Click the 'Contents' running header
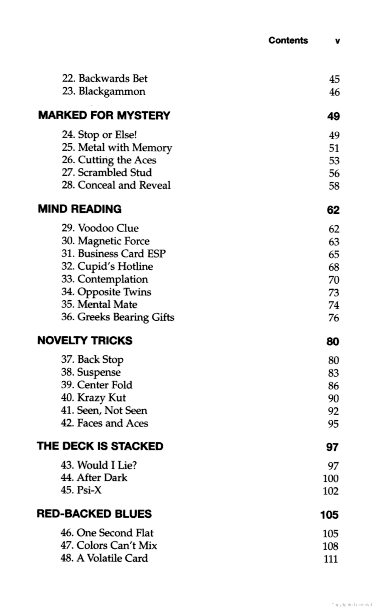tap(288, 40)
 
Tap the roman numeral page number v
tap(338, 41)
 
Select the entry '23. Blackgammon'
tap(104, 91)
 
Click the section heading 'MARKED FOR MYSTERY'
tap(104, 115)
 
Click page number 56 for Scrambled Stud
tap(334, 173)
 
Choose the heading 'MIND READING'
tap(80, 209)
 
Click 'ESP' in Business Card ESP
tap(156, 254)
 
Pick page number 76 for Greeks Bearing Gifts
tap(334, 318)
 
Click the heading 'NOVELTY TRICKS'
tap(85, 340)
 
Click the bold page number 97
tap(332, 447)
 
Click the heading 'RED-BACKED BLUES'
tap(94, 514)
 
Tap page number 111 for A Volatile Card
tap(331, 559)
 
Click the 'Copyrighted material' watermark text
tap(351, 605)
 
